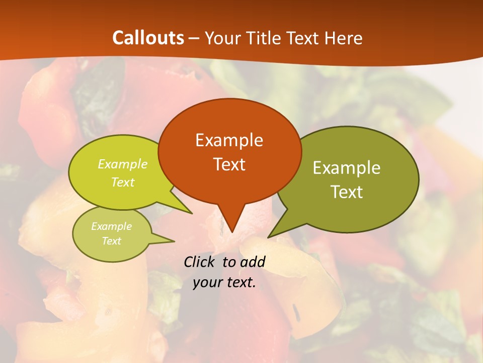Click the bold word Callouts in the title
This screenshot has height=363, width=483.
[148, 38]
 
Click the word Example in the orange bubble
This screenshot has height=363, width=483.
[229, 140]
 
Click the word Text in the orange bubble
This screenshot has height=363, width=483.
[229, 164]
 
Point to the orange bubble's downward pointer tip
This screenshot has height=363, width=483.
[232, 232]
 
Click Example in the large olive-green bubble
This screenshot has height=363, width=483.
[347, 168]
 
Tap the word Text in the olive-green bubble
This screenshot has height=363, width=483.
[347, 192]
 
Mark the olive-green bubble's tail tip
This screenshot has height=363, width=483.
[268, 237]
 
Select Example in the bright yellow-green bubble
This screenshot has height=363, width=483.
[123, 164]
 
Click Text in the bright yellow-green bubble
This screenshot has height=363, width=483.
[123, 183]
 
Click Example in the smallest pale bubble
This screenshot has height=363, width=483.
[111, 226]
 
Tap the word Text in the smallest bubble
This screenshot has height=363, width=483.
[111, 241]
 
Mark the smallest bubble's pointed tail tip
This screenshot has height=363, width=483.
[174, 241]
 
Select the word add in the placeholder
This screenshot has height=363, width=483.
[252, 262]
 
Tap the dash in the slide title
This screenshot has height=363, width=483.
[195, 38]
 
